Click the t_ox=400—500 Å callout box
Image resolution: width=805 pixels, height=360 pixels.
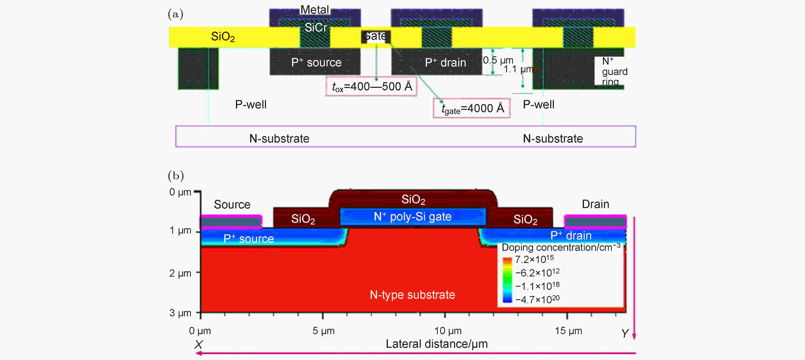[371, 86]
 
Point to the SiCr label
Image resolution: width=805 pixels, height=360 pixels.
[316, 27]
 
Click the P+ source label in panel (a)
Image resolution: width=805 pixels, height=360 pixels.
[316, 63]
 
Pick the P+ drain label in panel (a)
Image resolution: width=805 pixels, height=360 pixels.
[445, 63]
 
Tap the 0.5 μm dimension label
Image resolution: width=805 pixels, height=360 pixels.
[498, 60]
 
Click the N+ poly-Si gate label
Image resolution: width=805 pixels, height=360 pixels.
[413, 216]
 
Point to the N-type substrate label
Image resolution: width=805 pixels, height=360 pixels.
[412, 295]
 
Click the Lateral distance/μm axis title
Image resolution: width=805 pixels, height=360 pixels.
[437, 344]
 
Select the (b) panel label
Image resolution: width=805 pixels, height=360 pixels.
[176, 175]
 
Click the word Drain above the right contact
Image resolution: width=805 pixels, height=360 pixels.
[595, 204]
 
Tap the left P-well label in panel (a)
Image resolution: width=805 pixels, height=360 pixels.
[251, 104]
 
